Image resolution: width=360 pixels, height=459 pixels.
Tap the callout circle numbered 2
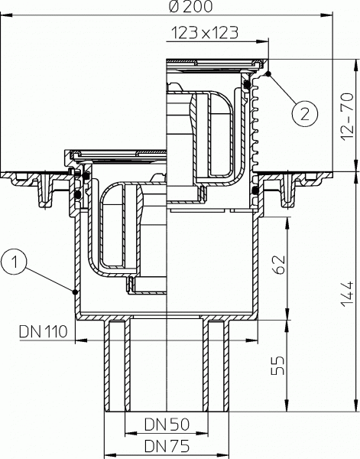(x=304, y=115)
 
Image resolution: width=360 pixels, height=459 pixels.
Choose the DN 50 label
(x=167, y=423)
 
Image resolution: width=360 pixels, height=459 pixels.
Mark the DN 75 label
(x=167, y=444)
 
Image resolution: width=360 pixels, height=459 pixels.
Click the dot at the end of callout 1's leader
(x=74, y=291)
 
